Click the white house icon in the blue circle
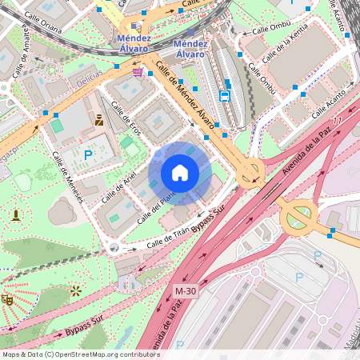point(180,173)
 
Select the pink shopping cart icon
point(138,71)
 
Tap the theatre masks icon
point(7,299)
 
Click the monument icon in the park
point(15,214)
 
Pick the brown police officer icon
point(99,120)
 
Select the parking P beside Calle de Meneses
point(88,153)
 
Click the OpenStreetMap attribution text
point(81,354)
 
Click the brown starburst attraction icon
point(75,291)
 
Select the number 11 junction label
point(337,121)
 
